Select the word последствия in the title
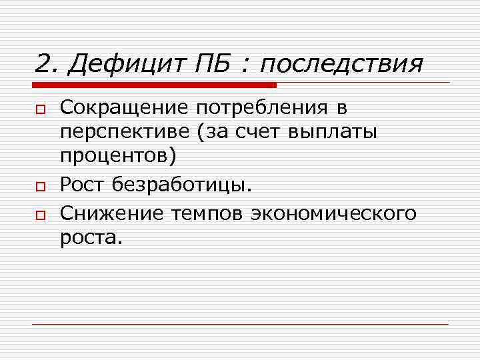pyautogui.click(x=341, y=65)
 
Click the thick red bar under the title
pyautogui.click(x=154, y=85)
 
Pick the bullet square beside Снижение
pyautogui.click(x=41, y=214)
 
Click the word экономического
pyautogui.click(x=335, y=213)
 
